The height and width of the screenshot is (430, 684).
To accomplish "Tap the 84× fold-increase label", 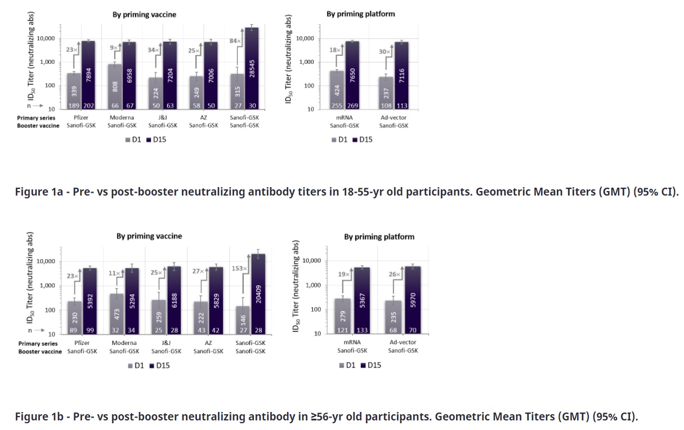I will tap(234, 41).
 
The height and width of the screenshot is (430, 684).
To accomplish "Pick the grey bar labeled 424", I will tap(337, 89).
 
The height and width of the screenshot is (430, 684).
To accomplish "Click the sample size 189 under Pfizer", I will tap(74, 104).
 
